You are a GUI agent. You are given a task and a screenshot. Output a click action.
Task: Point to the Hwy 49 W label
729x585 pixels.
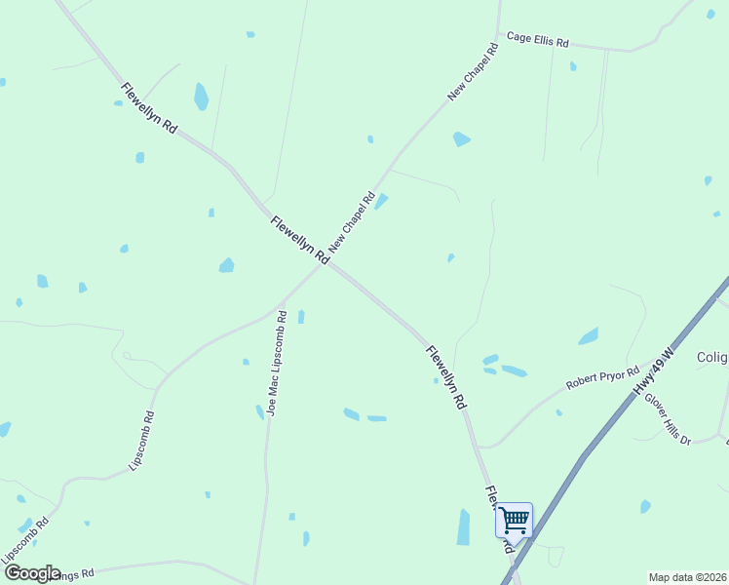click(x=653, y=372)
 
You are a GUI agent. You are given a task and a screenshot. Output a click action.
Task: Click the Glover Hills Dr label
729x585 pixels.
click(x=670, y=419)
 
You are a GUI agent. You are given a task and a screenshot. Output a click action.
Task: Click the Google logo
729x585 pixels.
click(x=32, y=573)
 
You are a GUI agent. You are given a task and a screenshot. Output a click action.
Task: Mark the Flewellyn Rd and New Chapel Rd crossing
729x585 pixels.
click(x=325, y=262)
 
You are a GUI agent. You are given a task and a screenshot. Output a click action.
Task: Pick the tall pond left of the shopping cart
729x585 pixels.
click(x=464, y=526)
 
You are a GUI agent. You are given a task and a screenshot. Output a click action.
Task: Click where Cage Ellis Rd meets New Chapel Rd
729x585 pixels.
click(x=498, y=36)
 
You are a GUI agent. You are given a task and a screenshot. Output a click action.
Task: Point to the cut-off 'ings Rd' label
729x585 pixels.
click(x=73, y=575)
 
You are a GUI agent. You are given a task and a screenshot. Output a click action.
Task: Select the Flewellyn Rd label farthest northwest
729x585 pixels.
click(x=149, y=108)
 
